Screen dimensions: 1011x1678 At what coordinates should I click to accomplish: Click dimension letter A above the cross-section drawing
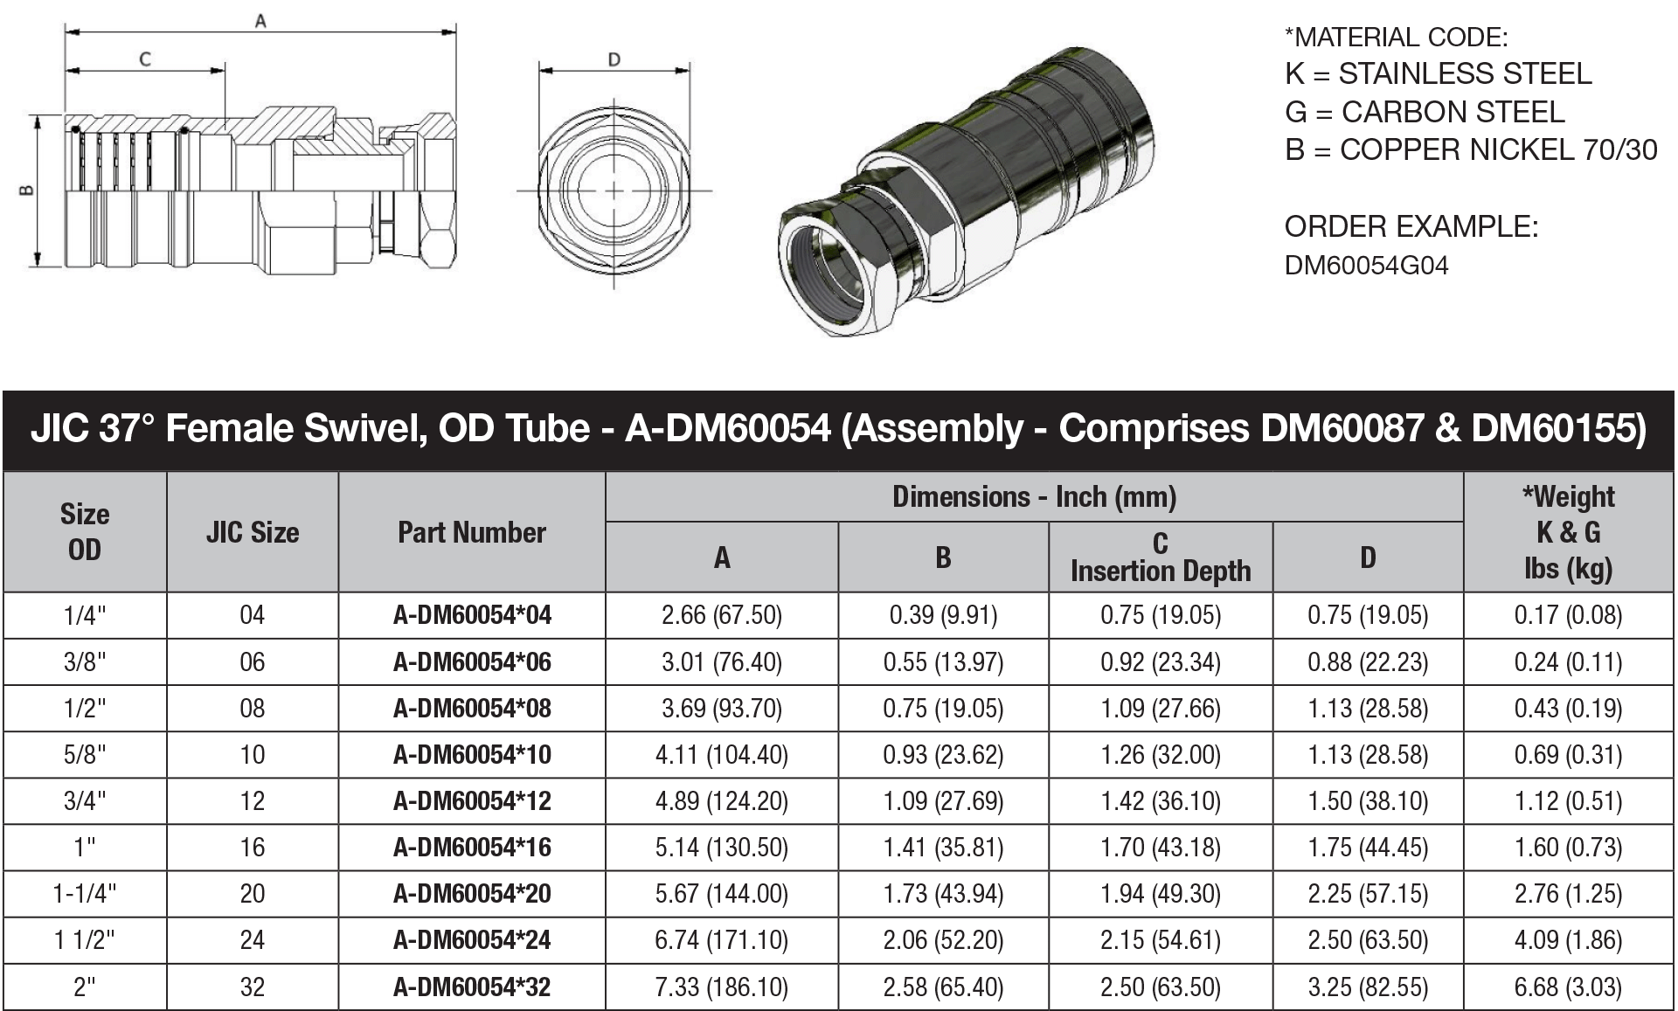260,21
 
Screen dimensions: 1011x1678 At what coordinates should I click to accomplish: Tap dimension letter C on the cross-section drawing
145,59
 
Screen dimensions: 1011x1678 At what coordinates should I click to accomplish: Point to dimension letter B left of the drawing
27,190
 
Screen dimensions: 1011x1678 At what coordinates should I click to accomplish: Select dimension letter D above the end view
614,59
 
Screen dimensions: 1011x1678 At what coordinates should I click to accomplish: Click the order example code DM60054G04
1366,266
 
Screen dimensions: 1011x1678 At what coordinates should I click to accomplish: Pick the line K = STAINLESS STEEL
1438,74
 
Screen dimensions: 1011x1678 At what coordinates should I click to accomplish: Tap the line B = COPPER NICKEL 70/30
1470,150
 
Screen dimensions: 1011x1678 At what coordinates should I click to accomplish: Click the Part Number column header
471,532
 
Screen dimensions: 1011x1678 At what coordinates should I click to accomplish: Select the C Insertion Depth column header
1160,557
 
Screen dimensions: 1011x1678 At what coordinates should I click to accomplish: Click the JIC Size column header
252,532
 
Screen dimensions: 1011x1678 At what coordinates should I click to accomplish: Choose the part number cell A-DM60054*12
472,801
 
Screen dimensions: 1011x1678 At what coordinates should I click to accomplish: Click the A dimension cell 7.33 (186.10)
721,987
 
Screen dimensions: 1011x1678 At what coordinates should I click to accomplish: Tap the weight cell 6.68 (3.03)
1568,987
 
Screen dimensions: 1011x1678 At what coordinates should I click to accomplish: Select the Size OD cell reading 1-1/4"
85,894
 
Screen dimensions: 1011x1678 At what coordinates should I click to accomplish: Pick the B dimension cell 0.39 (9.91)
943,615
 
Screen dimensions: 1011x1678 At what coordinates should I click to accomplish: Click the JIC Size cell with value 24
252,940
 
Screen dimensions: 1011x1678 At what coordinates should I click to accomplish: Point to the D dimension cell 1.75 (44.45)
1368,848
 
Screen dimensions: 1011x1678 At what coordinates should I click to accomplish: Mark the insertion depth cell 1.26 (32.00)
1160,755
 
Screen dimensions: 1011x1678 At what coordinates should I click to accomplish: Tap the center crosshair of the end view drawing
614,190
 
